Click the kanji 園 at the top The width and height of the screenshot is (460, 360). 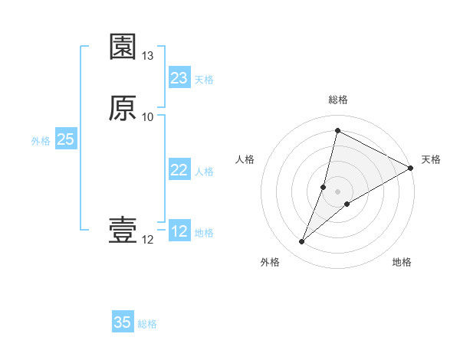[123, 47]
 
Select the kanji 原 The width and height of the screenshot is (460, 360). [123, 107]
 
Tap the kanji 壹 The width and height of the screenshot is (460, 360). [123, 231]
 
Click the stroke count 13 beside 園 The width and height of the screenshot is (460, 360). [148, 56]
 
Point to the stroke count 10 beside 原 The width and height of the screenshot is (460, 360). [148, 116]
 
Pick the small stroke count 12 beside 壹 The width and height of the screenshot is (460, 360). [148, 240]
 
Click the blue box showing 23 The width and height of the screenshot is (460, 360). [179, 78]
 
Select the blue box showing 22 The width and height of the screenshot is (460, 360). [179, 170]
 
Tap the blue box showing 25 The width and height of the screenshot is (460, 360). [66, 139]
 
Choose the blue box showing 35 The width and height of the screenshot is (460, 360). [123, 322]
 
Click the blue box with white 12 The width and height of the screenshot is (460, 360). [179, 231]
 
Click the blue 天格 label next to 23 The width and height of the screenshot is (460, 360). [204, 80]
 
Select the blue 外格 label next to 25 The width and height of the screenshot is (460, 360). [41, 141]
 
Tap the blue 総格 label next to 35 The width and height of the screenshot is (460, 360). [147, 324]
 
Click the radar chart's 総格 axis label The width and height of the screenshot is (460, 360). [338, 100]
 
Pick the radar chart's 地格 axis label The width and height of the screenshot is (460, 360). [402, 262]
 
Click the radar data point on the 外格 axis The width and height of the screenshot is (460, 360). [302, 242]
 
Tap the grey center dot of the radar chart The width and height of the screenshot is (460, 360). [338, 191]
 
